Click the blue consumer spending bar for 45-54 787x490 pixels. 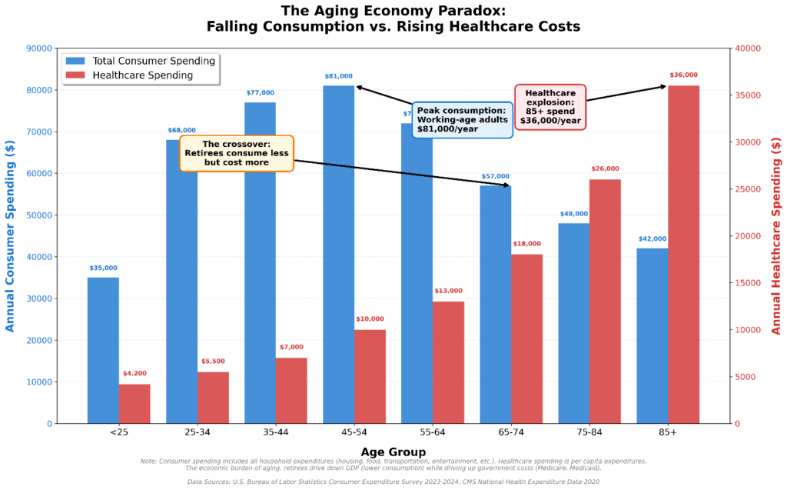pos(338,254)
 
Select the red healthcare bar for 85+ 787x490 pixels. pos(683,254)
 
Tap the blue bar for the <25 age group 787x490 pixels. pos(103,350)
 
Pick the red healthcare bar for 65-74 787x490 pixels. pos(526,338)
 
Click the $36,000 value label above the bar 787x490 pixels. pos(683,75)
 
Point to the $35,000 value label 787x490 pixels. pos(103,268)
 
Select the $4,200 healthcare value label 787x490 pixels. pos(134,374)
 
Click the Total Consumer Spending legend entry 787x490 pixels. pos(141,61)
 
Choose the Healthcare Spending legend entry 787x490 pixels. pos(141,75)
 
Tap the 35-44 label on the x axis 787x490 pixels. pos(276,433)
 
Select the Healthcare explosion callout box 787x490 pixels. pos(550,107)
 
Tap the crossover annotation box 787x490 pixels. pos(236,153)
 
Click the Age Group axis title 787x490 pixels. pos(393,452)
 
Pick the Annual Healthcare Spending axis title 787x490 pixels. pos(775,235)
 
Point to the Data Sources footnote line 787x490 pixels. pos(393,482)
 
